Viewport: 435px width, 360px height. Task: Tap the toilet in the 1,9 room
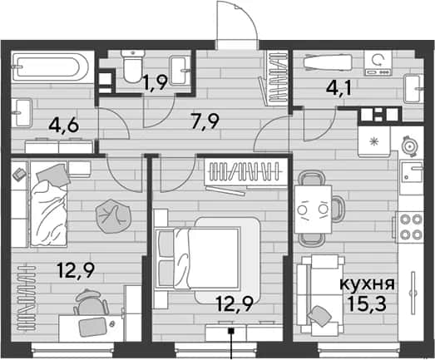[133, 67]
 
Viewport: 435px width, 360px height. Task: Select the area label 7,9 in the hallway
[205, 121]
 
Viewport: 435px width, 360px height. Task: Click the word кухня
[367, 284]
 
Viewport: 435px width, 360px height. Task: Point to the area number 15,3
[367, 303]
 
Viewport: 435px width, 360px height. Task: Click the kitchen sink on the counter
[412, 173]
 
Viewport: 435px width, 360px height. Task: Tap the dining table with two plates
[314, 210]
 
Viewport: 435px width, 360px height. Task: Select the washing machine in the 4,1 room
[378, 62]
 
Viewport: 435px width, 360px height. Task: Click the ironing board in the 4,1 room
[328, 62]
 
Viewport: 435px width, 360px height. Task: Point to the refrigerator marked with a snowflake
[375, 141]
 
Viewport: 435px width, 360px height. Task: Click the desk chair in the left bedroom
[91, 303]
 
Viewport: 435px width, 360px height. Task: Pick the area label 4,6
[64, 126]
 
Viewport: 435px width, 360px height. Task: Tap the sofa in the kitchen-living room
[319, 294]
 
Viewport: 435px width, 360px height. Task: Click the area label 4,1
[339, 88]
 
